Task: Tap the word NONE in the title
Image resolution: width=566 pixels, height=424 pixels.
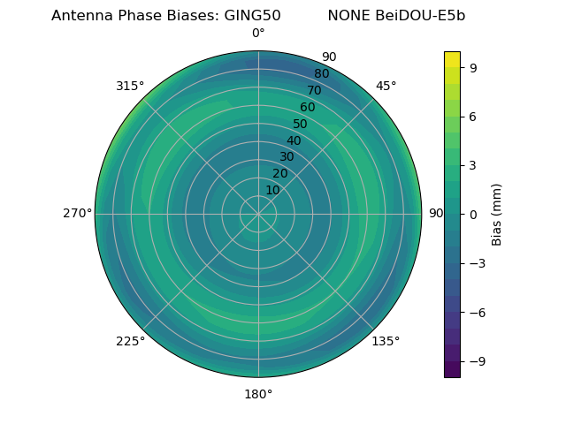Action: click(348, 16)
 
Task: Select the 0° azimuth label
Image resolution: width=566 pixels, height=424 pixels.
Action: click(258, 34)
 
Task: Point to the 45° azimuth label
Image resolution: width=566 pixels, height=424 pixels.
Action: click(386, 86)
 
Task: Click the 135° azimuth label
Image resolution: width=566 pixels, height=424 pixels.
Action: click(386, 341)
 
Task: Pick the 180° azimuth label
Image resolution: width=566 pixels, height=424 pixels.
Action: click(258, 394)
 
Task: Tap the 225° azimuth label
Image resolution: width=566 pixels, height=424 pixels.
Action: click(130, 341)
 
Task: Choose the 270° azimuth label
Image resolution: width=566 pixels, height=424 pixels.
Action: click(77, 214)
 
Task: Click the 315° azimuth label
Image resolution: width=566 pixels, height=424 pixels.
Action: click(130, 86)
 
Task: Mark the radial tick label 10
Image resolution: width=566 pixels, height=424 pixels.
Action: click(273, 190)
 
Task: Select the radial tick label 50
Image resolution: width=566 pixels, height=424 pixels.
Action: click(301, 125)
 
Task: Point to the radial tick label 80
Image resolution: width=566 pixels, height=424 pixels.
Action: click(321, 73)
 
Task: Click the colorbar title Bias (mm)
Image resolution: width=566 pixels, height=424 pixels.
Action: click(497, 214)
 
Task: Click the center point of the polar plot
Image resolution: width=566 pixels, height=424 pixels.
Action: click(258, 214)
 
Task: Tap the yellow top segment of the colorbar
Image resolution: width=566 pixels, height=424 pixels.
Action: click(452, 58)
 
